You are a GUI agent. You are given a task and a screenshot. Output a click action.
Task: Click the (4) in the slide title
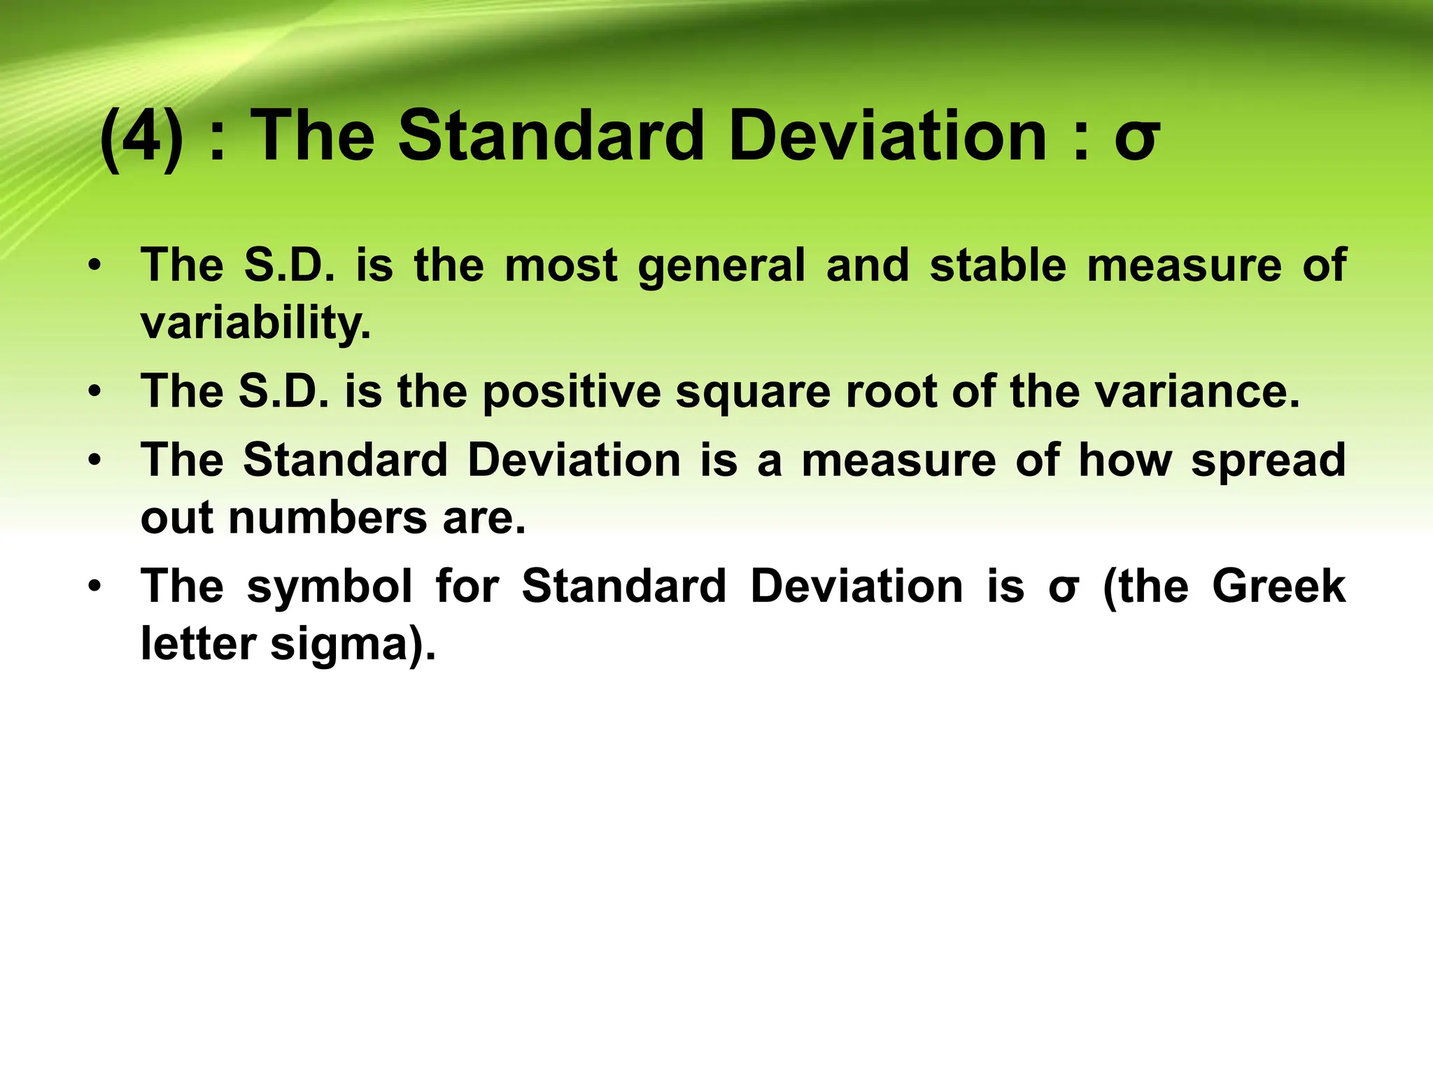pos(143,136)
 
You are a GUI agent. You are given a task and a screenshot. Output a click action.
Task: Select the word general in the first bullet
pos(721,267)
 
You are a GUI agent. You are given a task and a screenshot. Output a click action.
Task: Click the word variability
pos(255,323)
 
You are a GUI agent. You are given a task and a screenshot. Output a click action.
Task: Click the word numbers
pos(327,518)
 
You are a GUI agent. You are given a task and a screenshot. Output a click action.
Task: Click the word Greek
pos(1278,586)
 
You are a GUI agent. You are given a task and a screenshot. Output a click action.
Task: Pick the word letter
pos(198,643)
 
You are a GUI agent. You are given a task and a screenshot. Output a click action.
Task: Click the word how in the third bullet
pos(1124,461)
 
